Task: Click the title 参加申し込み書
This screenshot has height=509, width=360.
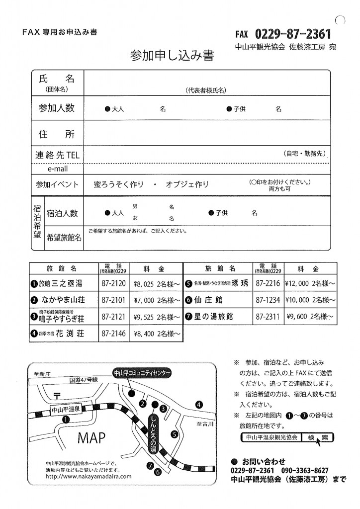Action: coord(172,56)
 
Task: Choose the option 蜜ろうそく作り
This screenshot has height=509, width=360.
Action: coord(119,184)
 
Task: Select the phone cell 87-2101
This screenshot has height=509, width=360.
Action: coord(113,300)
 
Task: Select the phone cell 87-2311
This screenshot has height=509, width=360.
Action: coord(268,316)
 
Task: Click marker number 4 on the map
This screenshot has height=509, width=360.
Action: coord(199,404)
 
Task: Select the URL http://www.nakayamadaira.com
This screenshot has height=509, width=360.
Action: coord(88,476)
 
